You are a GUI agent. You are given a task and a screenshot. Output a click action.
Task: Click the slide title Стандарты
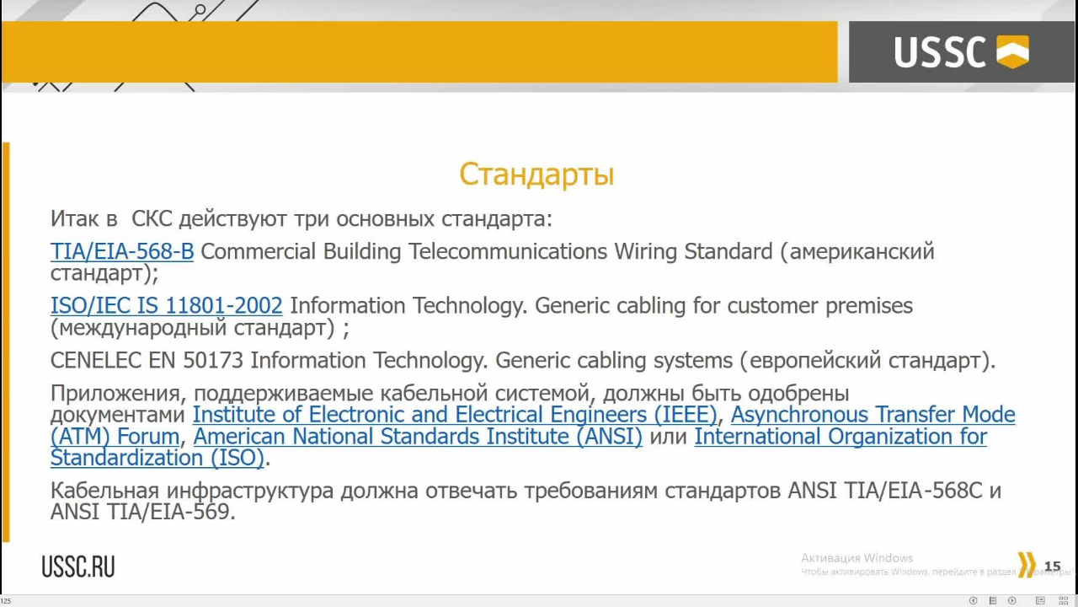(x=536, y=175)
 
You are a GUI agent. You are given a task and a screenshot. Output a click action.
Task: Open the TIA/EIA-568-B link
(x=122, y=251)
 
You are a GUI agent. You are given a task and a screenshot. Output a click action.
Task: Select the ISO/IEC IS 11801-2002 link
(x=167, y=306)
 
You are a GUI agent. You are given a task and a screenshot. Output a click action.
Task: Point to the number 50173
(x=213, y=360)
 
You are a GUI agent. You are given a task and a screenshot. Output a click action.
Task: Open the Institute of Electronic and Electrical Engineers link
(x=455, y=415)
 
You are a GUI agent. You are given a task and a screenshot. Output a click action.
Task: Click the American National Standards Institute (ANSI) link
(x=418, y=437)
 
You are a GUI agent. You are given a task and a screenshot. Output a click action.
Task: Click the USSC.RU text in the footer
(x=78, y=566)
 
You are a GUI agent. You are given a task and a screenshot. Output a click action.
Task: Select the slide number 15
(x=1053, y=566)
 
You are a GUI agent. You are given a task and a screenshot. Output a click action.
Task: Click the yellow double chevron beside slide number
(x=1027, y=565)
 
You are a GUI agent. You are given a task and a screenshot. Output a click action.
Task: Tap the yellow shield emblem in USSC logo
(x=1012, y=51)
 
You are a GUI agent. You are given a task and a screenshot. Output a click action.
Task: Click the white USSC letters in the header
(x=940, y=51)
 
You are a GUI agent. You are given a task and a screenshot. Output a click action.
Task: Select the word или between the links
(x=668, y=437)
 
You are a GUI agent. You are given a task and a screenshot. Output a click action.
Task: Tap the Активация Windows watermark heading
(x=857, y=558)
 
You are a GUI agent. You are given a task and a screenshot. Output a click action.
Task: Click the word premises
(x=868, y=306)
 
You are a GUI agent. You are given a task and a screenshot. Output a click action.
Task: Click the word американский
(x=862, y=252)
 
